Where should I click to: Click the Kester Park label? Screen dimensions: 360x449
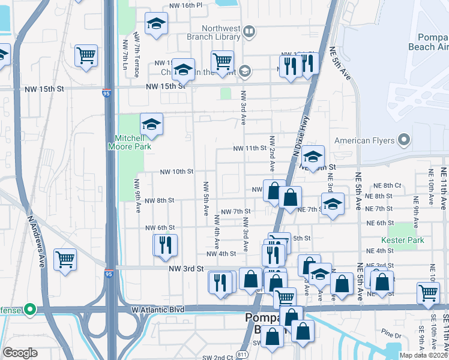tap(406, 240)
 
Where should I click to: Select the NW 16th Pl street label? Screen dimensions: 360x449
tap(175, 5)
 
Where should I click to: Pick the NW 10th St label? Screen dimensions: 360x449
tap(176, 172)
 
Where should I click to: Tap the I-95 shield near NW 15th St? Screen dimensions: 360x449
tap(106, 92)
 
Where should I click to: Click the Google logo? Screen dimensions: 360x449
tap(20, 353)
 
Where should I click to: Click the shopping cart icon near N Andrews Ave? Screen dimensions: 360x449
tap(65, 259)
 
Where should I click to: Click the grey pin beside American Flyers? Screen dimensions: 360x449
tap(403, 140)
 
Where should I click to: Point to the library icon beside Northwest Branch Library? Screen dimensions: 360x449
tap(249, 31)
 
